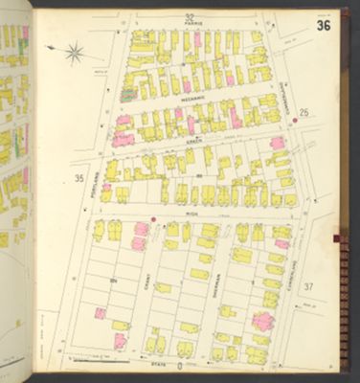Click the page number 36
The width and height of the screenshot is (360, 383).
(324, 25)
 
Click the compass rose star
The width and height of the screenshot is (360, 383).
(74, 54)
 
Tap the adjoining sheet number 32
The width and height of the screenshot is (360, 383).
(190, 18)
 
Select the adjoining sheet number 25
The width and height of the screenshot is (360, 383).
(304, 113)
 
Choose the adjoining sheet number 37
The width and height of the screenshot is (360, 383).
(307, 286)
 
